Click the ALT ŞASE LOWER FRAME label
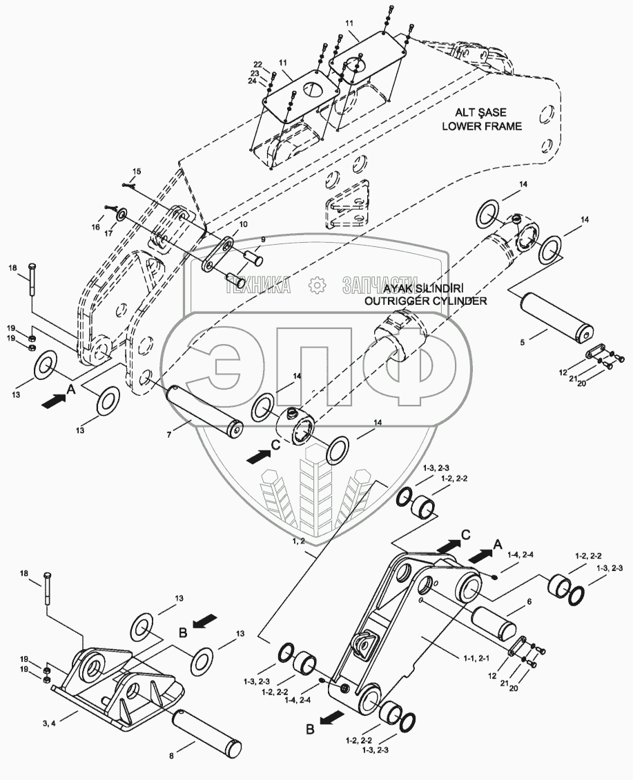482,119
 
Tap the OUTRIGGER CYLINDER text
426,301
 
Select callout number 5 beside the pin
523,342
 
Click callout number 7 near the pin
169,434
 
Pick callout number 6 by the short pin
529,601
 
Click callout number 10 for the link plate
243,224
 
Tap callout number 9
263,239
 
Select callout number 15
137,171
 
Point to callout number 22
257,64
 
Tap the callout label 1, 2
299,541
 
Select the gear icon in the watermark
315,285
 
